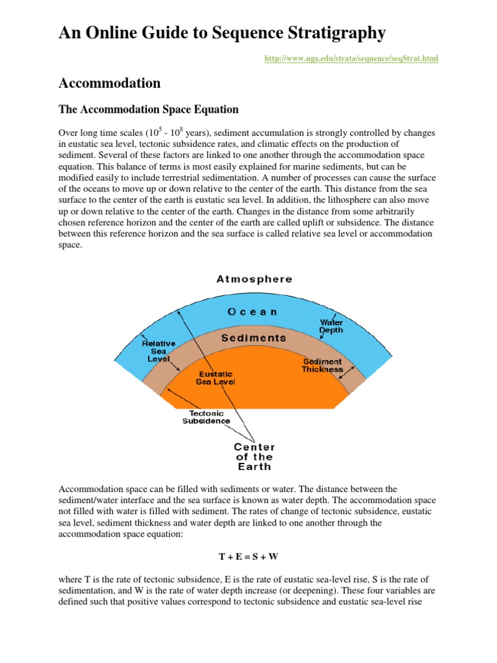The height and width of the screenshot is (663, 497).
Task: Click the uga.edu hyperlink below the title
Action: point(351,59)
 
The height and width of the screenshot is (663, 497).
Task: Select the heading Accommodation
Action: point(109,83)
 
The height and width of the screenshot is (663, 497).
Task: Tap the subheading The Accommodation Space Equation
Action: point(149,109)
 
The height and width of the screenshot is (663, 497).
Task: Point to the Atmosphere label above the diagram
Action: point(254,280)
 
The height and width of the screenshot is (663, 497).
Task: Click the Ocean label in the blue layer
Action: point(252,311)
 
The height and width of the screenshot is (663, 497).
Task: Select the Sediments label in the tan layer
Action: point(254,338)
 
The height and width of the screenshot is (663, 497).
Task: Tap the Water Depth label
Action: point(331,326)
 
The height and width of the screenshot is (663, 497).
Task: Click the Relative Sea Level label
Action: point(159,351)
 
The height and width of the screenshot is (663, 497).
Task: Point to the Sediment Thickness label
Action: point(322,365)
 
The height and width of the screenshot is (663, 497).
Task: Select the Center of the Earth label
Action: point(254,456)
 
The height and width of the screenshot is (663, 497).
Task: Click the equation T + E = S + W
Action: point(248,556)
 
